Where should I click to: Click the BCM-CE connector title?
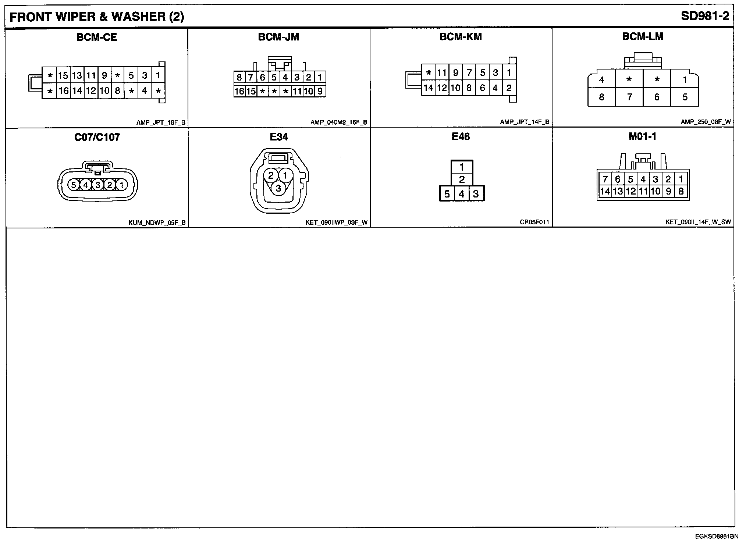tap(97, 38)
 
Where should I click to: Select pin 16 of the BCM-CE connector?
tap(63, 90)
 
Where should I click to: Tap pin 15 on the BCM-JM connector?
tap(251, 91)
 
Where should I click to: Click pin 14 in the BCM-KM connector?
tap(428, 88)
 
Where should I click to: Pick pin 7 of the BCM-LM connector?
tap(629, 97)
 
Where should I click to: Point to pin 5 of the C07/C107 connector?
tap(74, 185)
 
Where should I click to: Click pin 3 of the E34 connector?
tap(278, 189)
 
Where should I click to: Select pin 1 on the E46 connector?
tap(462, 167)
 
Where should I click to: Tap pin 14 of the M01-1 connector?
tap(605, 191)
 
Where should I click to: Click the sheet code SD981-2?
tap(705, 16)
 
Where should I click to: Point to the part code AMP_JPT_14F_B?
tap(524, 122)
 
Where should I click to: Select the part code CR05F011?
tap(534, 222)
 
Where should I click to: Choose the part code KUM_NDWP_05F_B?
tap(157, 222)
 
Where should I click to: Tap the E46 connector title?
tap(461, 137)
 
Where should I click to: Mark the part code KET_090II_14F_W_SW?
tap(698, 222)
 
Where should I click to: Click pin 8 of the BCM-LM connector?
tap(601, 97)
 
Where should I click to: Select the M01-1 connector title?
tap(642, 137)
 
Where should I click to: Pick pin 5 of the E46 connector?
tap(447, 194)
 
